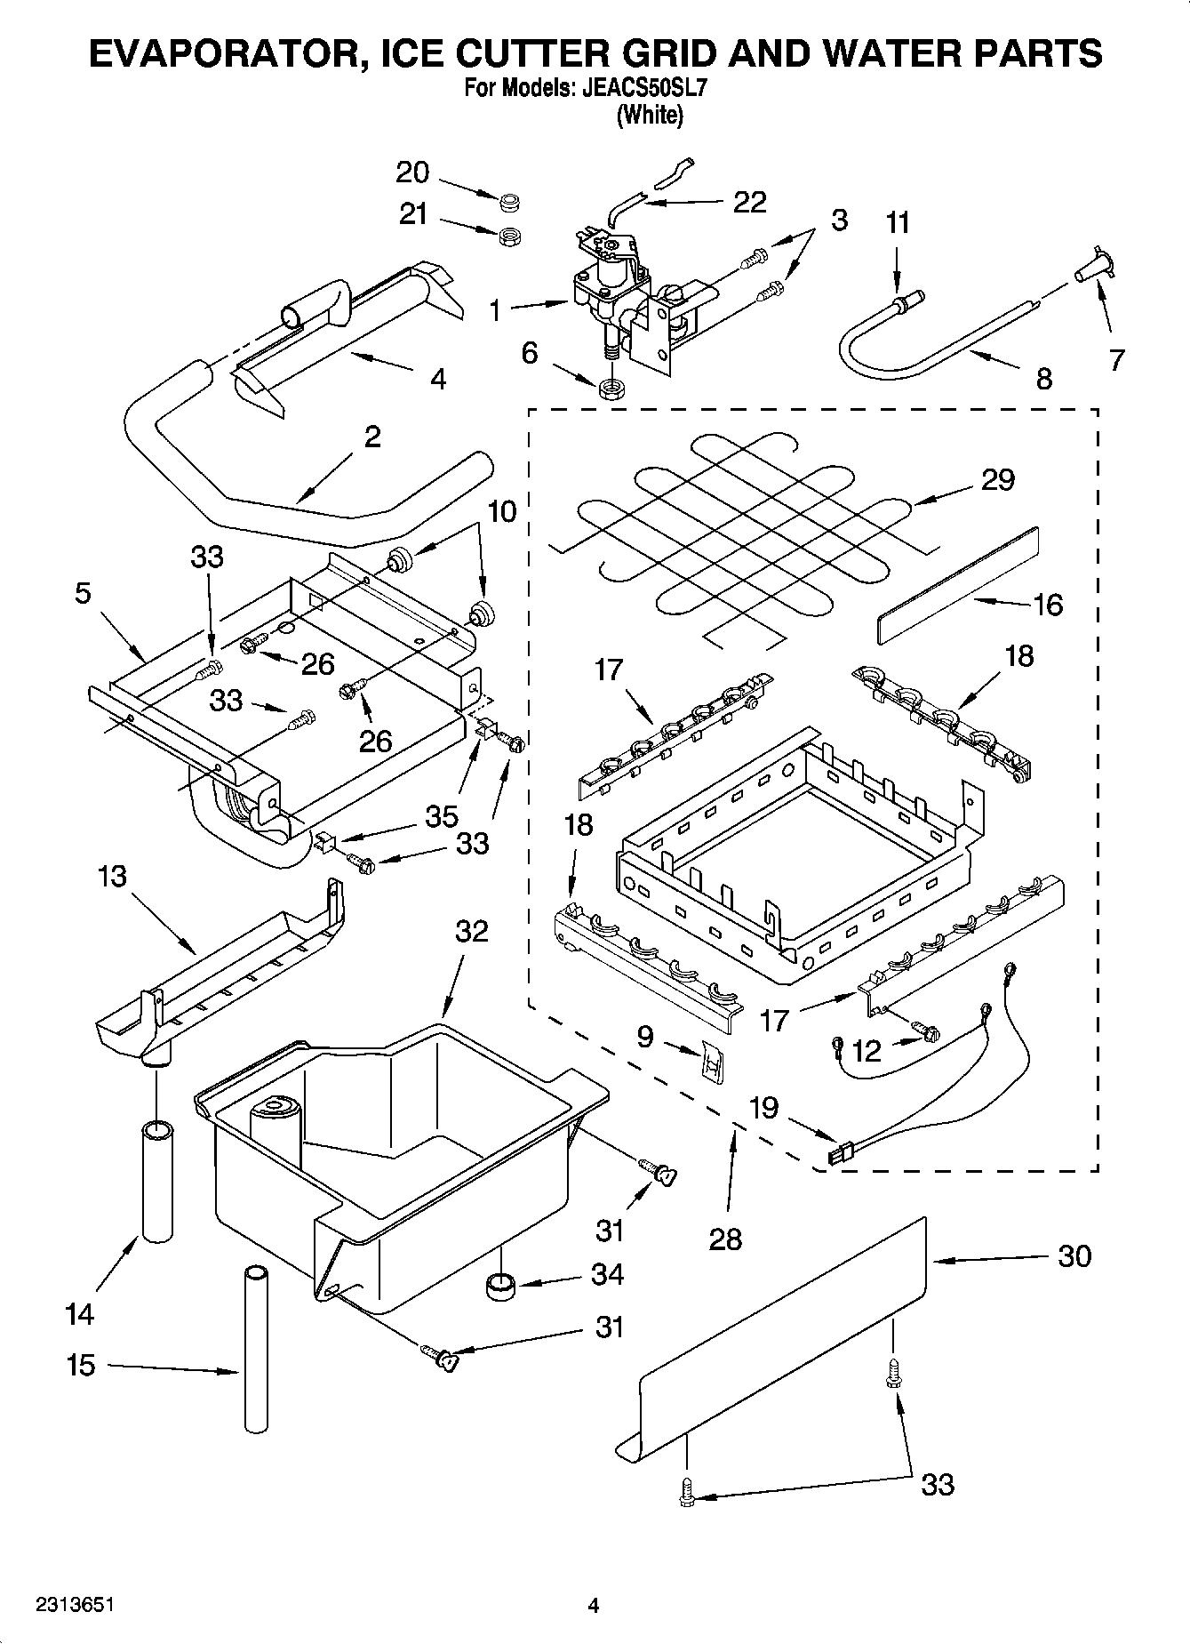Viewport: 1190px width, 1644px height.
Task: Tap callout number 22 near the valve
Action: pyautogui.click(x=749, y=203)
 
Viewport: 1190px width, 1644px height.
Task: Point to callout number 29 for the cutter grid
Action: pyautogui.click(x=997, y=480)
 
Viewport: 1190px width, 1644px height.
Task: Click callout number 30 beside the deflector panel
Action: pyautogui.click(x=1074, y=1256)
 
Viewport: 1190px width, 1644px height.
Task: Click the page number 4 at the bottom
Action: pyautogui.click(x=594, y=1605)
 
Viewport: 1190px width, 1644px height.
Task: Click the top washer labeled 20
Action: pyautogui.click(x=509, y=204)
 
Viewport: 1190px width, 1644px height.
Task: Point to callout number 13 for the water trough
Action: pyautogui.click(x=113, y=876)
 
